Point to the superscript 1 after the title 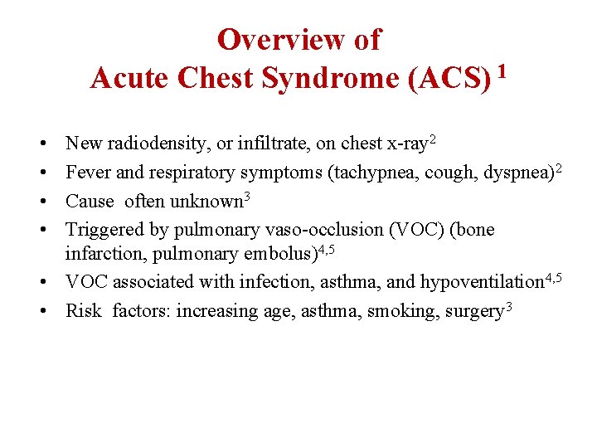pos(502,71)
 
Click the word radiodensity pos(156,144)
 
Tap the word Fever pos(83,173)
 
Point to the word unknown pos(208,201)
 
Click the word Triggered pos(101,229)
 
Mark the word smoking pos(396,311)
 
